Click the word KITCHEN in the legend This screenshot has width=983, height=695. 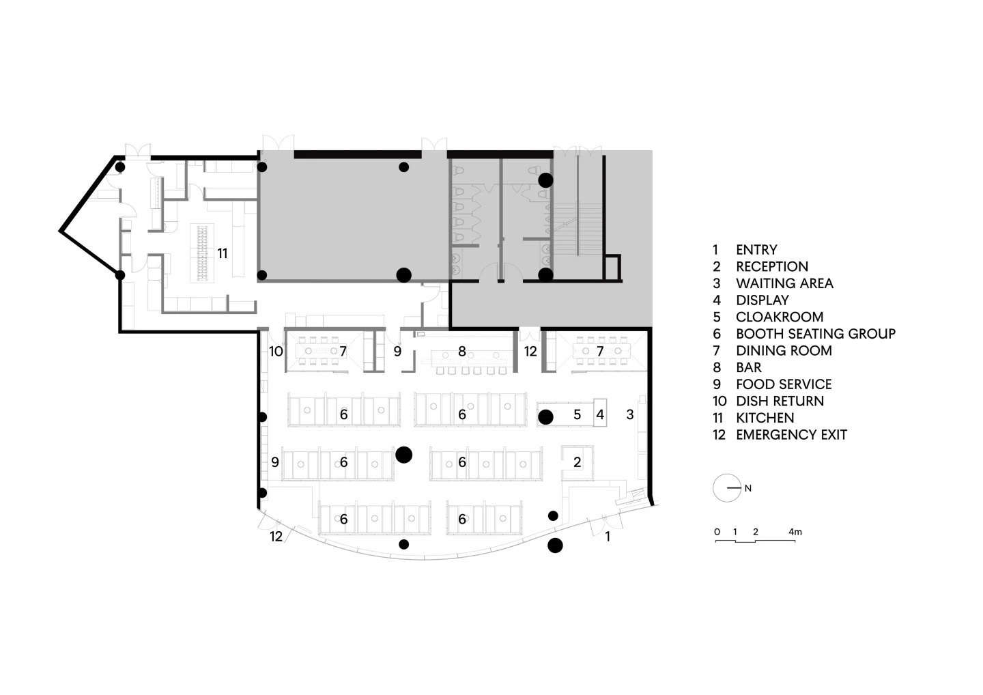765,418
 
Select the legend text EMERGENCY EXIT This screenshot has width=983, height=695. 791,435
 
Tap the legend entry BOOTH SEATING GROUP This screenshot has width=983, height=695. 816,334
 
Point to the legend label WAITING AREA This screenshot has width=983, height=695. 784,283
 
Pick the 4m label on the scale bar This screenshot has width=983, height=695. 795,532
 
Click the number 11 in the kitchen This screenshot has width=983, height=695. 223,253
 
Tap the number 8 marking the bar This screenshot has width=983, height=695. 462,351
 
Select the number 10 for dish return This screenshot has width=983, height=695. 276,351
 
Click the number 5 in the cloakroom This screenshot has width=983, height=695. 577,414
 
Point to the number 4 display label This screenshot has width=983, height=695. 600,414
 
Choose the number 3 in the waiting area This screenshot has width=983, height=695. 629,414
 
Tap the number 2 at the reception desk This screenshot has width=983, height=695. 577,462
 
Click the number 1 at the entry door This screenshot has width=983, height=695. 608,536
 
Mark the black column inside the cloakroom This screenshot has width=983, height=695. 545,417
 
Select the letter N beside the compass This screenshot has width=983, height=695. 748,488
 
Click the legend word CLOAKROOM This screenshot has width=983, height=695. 780,317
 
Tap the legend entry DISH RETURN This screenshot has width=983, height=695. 780,401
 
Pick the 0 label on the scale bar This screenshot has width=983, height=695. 717,532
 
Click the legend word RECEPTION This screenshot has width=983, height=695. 772,266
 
